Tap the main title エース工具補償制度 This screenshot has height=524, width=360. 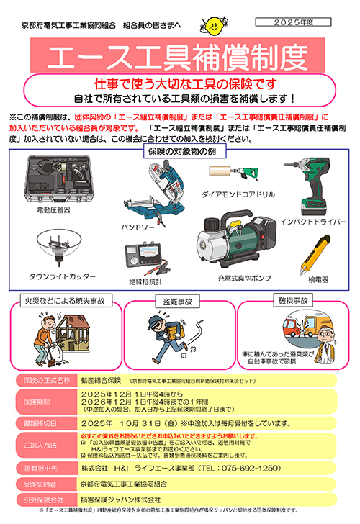tap(180, 55)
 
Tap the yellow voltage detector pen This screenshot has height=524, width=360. tap(316, 254)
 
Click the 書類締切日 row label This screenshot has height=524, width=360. tap(44, 423)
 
